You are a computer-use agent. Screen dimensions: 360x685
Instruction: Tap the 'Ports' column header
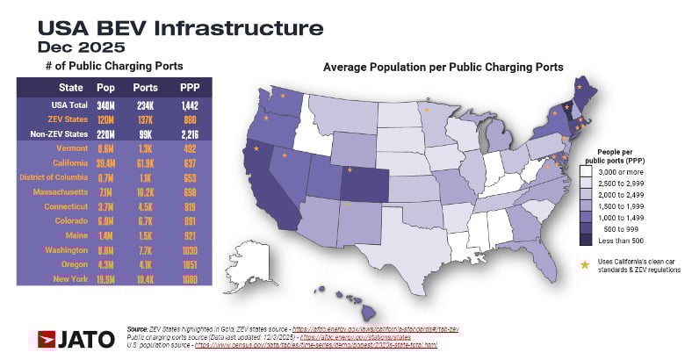pyautogui.click(x=145, y=88)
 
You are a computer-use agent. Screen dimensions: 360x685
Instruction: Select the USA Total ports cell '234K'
pyautogui.click(x=145, y=104)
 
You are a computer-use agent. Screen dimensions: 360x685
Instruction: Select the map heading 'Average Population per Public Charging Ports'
pyautogui.click(x=443, y=67)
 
